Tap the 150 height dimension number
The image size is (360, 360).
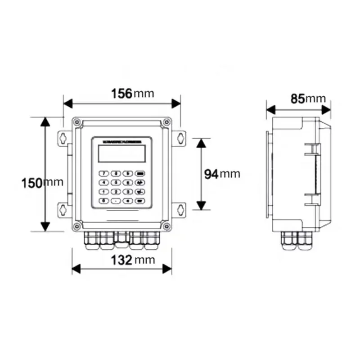pos(32,183)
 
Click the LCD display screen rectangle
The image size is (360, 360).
pos(121,154)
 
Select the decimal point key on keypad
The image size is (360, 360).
pos(116,201)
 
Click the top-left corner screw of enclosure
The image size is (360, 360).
pos(77,121)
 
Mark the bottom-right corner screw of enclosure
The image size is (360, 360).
pos(166,226)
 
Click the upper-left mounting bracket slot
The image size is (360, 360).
pos(63,137)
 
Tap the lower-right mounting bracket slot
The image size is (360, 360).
pos(180,209)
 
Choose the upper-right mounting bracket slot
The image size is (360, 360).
pos(180,137)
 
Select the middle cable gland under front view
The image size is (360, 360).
pos(121,241)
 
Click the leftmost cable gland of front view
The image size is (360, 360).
pos(92,241)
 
